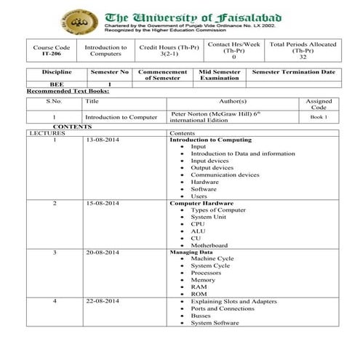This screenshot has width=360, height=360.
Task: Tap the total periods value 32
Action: click(x=303, y=56)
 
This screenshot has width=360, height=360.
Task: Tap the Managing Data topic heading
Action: click(x=193, y=252)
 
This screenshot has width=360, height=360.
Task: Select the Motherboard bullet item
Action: click(x=209, y=245)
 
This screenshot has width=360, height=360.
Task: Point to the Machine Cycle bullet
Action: click(x=212, y=259)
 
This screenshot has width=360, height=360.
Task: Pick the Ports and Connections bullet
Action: click(x=222, y=308)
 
